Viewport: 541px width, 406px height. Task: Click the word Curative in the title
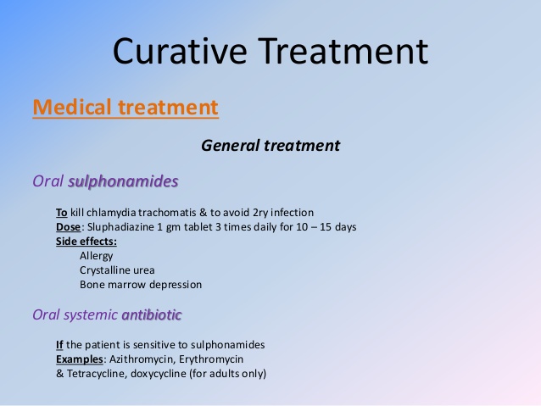pyautogui.click(x=180, y=52)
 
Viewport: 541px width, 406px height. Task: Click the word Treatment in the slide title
pyautogui.click(x=343, y=52)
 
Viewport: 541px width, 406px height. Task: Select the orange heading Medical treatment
pyautogui.click(x=125, y=107)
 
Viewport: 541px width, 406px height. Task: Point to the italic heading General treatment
pyautogui.click(x=270, y=146)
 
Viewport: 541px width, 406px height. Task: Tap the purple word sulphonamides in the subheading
pyautogui.click(x=123, y=181)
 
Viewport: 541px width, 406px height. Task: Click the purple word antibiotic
pyautogui.click(x=152, y=314)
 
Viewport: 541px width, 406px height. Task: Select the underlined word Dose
pyautogui.click(x=69, y=227)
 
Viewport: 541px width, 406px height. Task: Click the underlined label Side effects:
pyautogui.click(x=86, y=242)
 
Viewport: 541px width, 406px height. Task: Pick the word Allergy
pyautogui.click(x=97, y=256)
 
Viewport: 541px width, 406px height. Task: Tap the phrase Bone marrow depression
pyautogui.click(x=141, y=285)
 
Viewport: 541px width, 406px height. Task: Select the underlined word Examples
pyautogui.click(x=80, y=359)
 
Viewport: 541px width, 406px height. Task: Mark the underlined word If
pyautogui.click(x=59, y=345)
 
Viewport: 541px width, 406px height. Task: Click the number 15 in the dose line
pyautogui.click(x=326, y=227)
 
